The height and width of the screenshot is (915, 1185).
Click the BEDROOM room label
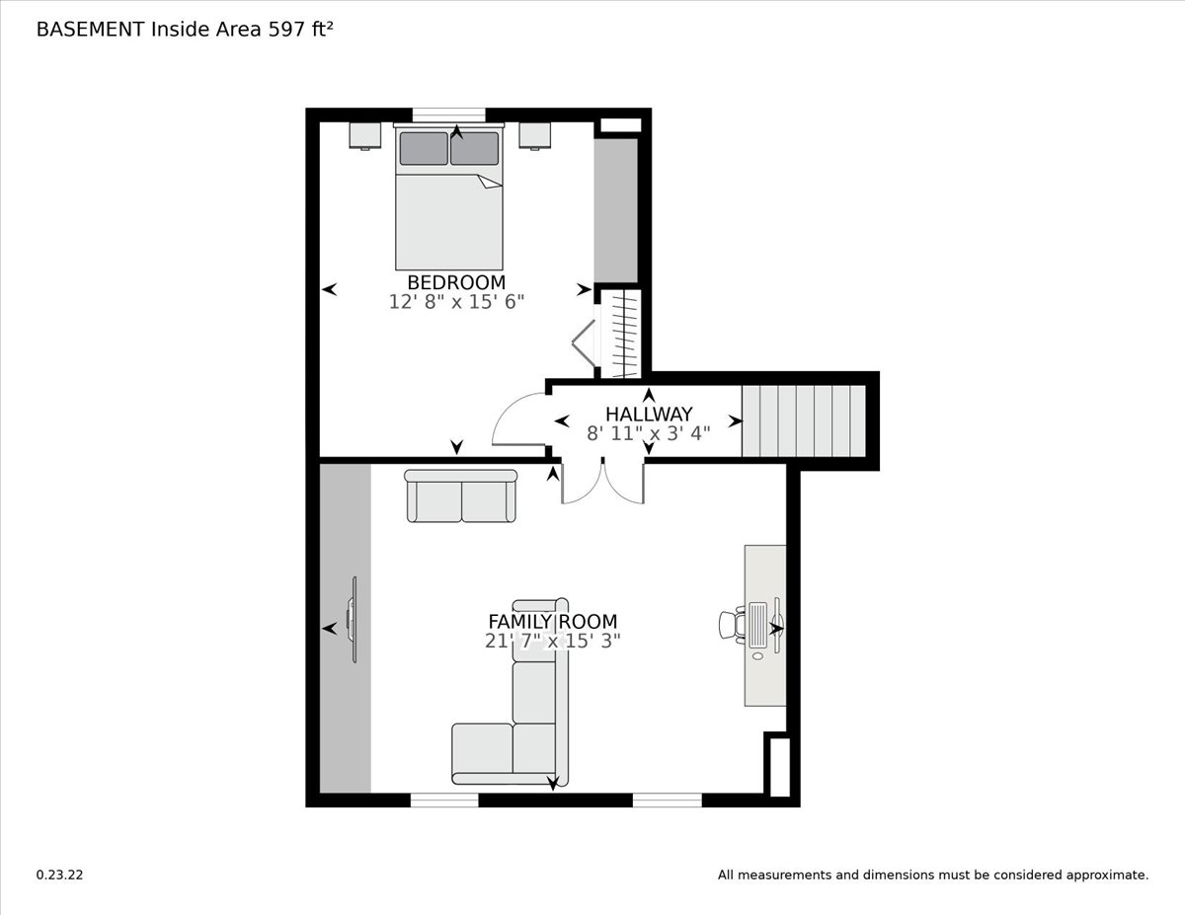[456, 282]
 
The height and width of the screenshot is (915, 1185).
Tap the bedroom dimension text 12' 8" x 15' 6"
[456, 302]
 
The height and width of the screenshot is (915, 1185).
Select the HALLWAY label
[649, 415]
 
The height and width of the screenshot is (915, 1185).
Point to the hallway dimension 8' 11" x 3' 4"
[649, 433]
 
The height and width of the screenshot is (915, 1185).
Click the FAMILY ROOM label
[552, 621]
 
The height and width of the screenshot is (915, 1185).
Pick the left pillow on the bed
[424, 148]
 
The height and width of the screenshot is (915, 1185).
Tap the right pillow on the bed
[474, 148]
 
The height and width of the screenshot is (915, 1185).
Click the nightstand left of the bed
[365, 135]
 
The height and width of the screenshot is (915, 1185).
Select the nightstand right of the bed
[535, 135]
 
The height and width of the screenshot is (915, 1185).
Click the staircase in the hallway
[803, 421]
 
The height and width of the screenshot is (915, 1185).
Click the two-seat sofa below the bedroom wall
[461, 496]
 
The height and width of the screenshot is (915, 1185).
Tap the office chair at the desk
[732, 625]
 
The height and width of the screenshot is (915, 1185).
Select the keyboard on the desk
[758, 625]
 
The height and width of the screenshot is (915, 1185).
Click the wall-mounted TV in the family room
[353, 620]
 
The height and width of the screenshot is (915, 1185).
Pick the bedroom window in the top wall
[448, 114]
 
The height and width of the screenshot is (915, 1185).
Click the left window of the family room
[444, 801]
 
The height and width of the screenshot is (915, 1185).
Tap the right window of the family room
[668, 801]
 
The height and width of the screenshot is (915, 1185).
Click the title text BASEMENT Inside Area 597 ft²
[185, 30]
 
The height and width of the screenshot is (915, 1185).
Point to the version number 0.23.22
[59, 875]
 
